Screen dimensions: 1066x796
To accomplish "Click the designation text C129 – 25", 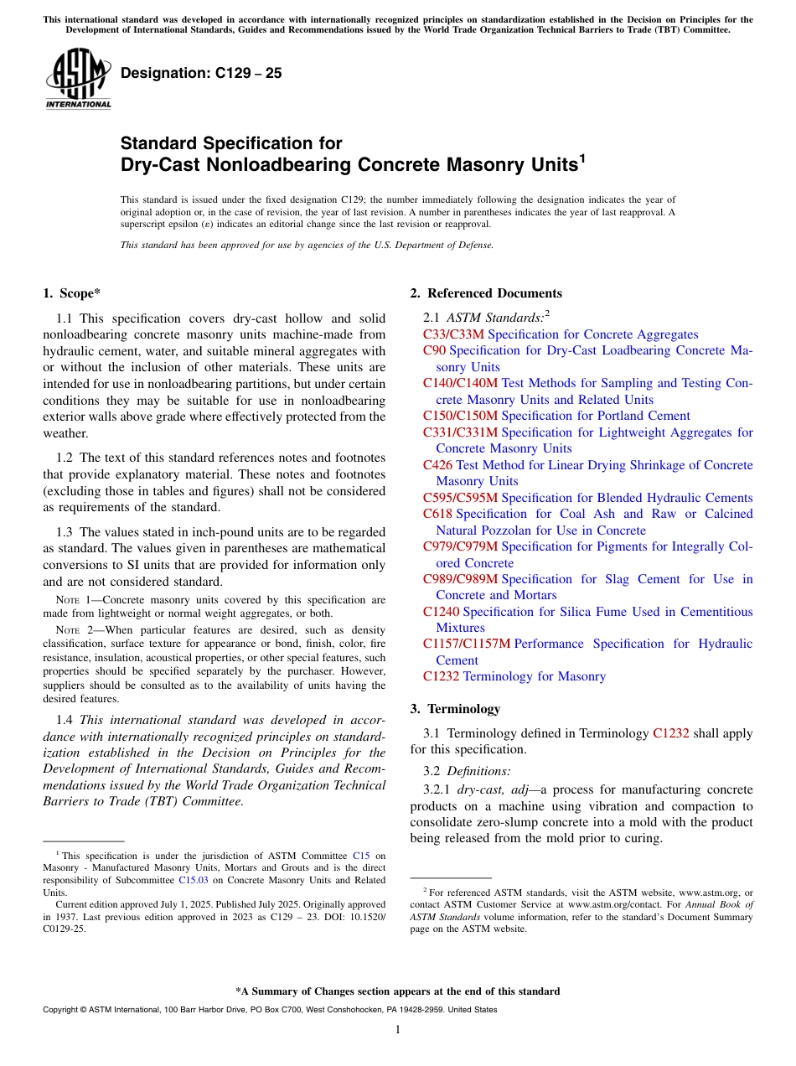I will (201, 74).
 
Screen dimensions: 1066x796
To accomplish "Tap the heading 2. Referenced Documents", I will (486, 293).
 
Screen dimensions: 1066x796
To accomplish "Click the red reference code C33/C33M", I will (453, 334).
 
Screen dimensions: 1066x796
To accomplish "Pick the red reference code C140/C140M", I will (460, 383).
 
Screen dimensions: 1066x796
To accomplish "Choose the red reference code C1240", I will (441, 612).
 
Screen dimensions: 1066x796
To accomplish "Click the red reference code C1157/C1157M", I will (466, 644).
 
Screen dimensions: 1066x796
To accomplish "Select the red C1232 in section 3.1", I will (670, 733).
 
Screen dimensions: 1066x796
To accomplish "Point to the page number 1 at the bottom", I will (398, 1030).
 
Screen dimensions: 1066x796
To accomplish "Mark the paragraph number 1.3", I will (65, 532).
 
